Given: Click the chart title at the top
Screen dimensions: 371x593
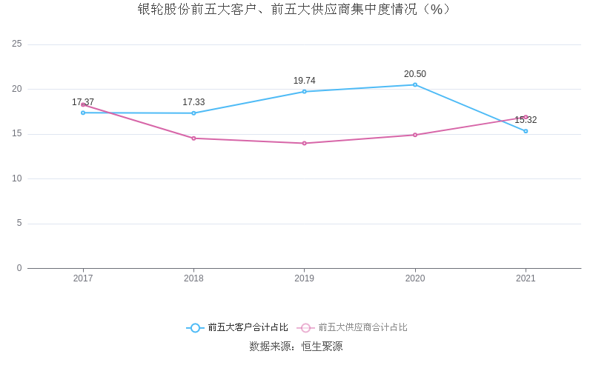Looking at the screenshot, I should [x=296, y=10].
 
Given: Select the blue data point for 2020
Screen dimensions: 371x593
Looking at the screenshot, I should [x=415, y=84].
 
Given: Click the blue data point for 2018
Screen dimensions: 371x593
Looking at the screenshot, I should [x=193, y=113].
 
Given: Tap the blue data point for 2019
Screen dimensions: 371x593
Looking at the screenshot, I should [x=304, y=92].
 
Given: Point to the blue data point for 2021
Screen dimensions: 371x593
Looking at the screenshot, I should [x=526, y=131].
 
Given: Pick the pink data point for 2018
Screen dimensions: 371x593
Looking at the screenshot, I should [x=193, y=138].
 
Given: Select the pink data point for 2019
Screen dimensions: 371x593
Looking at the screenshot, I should [x=304, y=143].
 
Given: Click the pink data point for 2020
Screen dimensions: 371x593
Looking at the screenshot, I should [x=415, y=135].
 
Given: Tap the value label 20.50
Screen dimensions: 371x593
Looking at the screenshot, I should [x=415, y=74].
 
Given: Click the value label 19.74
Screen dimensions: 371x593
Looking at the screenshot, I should [x=304, y=81].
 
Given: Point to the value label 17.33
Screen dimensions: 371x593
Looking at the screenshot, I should [x=193, y=102].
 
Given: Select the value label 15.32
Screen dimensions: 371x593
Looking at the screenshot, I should [x=526, y=120].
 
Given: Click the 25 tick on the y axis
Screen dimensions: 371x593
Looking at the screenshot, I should [x=17, y=44].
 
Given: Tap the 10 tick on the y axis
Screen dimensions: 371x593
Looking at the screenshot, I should [x=17, y=178].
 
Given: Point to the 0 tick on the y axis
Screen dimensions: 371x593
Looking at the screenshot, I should [x=19, y=268].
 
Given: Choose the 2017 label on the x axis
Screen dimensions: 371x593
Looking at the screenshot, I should [x=83, y=278].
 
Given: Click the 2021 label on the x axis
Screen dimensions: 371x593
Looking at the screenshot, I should [x=526, y=278].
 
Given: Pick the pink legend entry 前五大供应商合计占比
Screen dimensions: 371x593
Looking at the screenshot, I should [x=353, y=327].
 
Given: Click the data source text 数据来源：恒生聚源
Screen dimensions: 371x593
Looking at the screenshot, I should [x=296, y=346].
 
